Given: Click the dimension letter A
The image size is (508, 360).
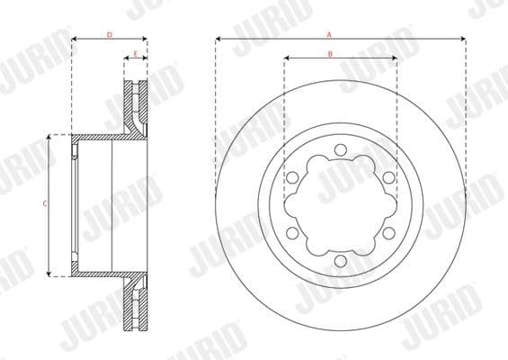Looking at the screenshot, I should coord(330,34).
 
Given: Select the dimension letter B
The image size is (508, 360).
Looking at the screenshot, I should coord(330,54).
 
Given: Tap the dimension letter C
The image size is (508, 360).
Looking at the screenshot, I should coord(45,204).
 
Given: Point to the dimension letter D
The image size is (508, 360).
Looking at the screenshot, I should coord(109,34).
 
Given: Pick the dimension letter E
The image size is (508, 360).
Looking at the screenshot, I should coord(135,54).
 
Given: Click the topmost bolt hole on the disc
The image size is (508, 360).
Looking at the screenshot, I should coord(340,150).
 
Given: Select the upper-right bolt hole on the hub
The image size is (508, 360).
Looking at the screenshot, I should coord(388,177).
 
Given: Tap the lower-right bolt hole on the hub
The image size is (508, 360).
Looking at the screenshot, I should coord(388,232).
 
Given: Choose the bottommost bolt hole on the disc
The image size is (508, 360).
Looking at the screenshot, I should coord(340,260).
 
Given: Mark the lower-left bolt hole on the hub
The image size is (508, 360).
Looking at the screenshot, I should coord(293,232).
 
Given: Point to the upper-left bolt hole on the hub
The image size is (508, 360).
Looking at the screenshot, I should coord(293,177).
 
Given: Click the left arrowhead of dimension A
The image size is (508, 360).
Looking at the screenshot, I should coord(218,40).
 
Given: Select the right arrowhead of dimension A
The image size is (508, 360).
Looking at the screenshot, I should coord(463,40).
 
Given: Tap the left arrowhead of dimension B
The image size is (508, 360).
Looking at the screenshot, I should coord(287,59).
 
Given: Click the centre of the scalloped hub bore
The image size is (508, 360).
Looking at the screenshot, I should coord(340,205).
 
